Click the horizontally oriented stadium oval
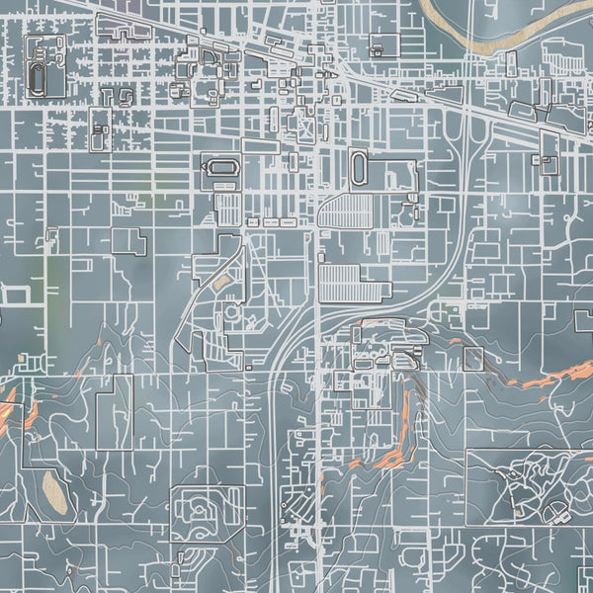coord(218,169)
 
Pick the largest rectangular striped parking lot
coord(349,283)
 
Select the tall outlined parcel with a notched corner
coord(114,412)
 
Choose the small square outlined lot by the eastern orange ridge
coord(473,357)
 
